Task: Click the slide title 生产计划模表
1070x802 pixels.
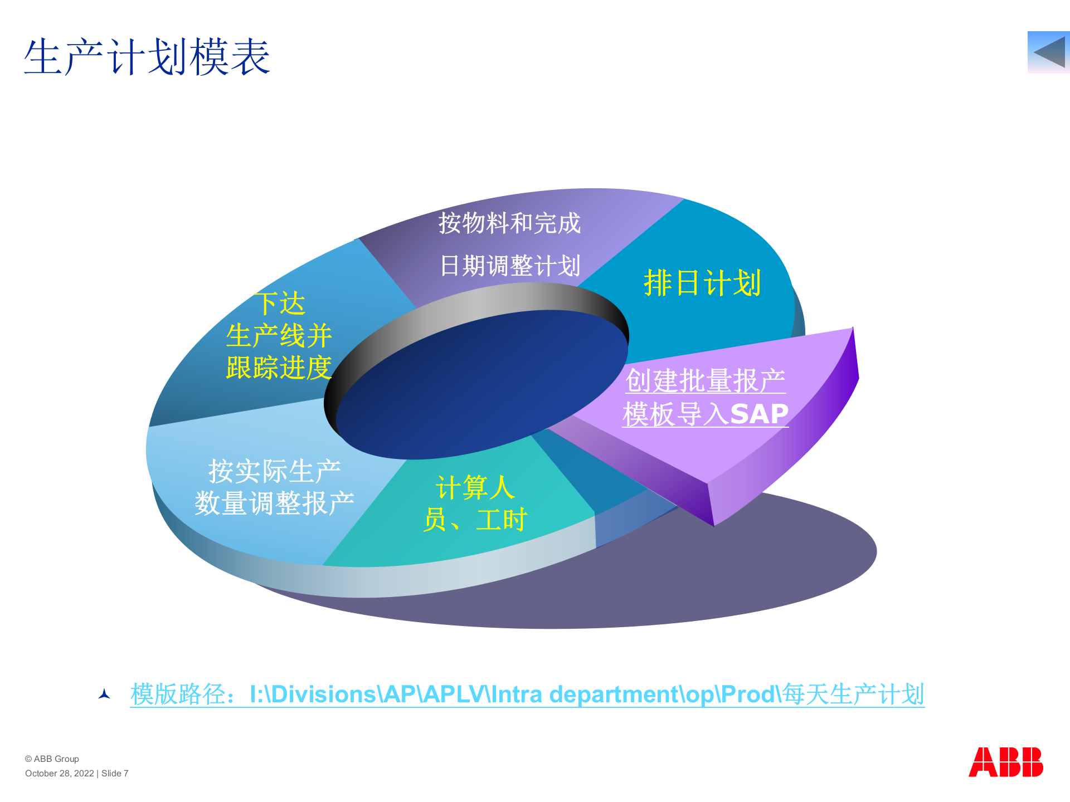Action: coord(147,57)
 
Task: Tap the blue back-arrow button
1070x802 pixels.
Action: coord(1048,52)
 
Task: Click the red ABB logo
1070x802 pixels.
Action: coord(1005,762)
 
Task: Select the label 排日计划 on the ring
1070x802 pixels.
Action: coord(702,283)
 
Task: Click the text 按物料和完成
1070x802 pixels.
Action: coord(509,223)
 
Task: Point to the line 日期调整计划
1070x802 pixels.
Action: coord(510,266)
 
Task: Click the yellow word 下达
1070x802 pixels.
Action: coord(280,304)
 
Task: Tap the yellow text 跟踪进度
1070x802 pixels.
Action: coord(279,368)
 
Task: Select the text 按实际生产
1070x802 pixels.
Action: coord(274,471)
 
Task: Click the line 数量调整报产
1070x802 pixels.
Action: coord(274,503)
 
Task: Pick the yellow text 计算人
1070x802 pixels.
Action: coord(475,487)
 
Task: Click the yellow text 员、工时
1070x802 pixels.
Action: coord(475,520)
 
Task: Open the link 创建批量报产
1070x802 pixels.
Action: coord(705,381)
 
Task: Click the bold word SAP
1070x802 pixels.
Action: coord(759,414)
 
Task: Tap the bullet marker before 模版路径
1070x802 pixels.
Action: coord(104,694)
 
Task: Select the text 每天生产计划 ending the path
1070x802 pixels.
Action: coord(853,695)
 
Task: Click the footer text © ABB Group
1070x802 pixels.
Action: coord(52,759)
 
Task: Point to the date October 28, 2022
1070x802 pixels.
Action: coord(60,773)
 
